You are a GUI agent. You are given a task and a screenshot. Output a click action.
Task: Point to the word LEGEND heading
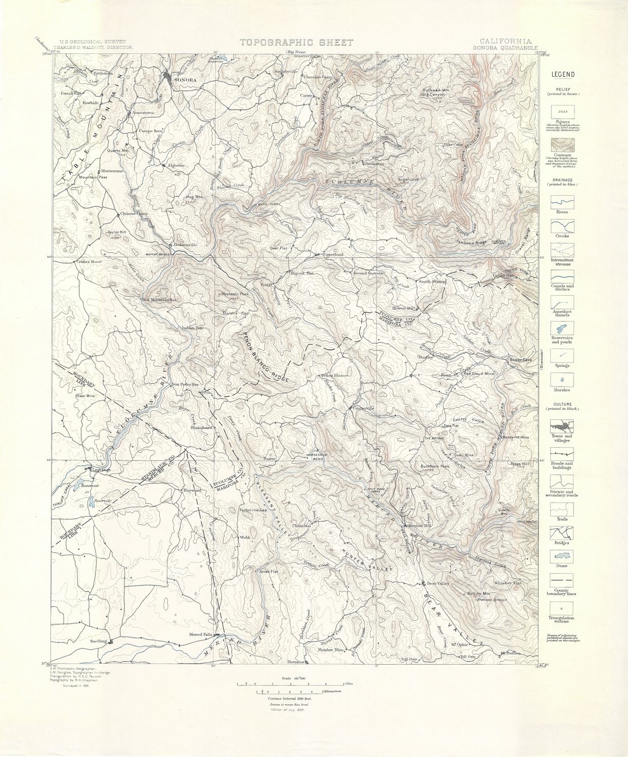[x=562, y=75]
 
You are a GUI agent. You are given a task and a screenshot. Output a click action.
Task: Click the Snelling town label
[x=98, y=641]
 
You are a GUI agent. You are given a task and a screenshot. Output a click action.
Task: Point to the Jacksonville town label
[x=185, y=245]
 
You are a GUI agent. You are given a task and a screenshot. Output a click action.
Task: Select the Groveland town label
[x=333, y=254]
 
